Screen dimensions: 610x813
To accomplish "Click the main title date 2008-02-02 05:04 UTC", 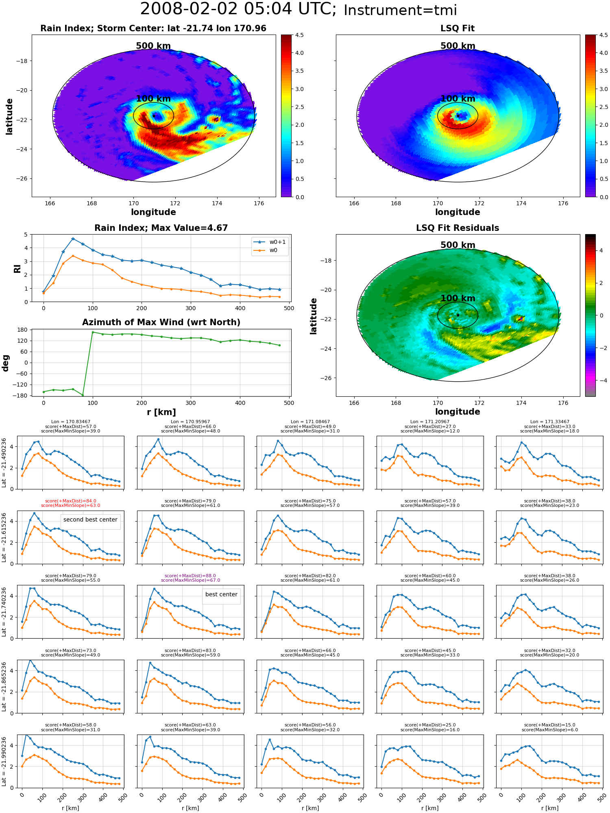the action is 238,9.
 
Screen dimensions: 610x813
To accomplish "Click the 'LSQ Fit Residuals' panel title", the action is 457,228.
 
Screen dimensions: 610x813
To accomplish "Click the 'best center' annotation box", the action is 221,594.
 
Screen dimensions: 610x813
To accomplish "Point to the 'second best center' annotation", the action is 90,520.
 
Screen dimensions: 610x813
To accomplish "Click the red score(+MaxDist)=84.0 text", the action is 70,501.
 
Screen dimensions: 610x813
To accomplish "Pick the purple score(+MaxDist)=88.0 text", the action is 190,576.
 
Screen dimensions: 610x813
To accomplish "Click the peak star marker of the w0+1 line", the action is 73,239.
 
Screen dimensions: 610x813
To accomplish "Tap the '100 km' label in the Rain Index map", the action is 153,99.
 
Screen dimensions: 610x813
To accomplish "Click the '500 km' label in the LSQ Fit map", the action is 458,46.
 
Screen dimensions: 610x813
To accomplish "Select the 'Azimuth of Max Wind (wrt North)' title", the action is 161,322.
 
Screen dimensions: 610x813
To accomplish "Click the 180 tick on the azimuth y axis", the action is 23,330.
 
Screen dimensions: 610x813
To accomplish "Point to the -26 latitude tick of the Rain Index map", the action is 21,178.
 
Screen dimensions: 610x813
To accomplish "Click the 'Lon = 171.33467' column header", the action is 550,422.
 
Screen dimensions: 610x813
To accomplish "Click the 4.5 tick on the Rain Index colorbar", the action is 299,35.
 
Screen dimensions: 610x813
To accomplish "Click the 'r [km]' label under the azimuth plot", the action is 161,412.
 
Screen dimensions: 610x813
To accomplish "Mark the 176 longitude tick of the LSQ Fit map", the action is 563,203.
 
